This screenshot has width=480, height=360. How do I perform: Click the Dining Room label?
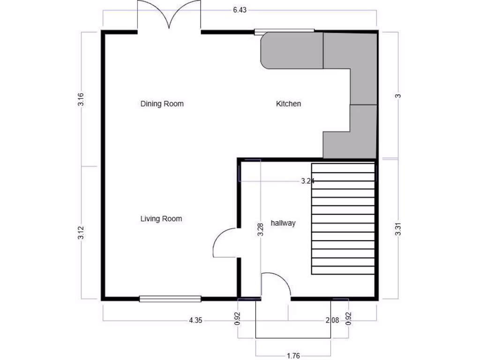(162, 104)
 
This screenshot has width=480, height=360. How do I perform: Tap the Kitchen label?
(288, 104)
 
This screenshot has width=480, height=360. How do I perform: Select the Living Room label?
(161, 218)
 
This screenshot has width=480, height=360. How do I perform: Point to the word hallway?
(283, 223)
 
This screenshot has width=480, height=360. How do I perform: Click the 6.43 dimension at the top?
(240, 10)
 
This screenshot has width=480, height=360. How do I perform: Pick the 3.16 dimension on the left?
(81, 99)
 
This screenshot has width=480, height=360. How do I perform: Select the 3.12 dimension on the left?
(81, 233)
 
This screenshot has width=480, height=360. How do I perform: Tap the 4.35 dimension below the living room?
(195, 321)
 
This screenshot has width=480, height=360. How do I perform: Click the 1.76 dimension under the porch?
(293, 355)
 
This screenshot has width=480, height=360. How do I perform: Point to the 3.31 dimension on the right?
(398, 229)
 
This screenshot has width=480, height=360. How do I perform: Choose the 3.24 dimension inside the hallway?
(307, 181)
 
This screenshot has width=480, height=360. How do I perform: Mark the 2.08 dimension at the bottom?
(332, 321)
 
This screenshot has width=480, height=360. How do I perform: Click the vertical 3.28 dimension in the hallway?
(261, 229)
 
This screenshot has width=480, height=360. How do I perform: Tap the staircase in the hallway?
(344, 218)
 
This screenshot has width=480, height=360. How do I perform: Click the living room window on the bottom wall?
(170, 299)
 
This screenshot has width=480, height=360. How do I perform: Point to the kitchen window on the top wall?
(284, 31)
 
